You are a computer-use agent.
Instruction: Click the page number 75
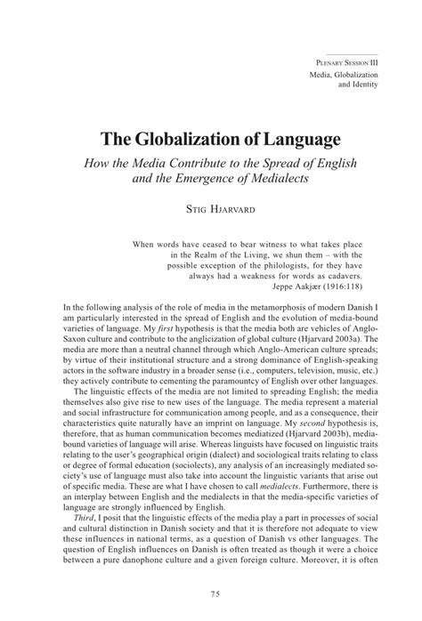(x=211, y=593)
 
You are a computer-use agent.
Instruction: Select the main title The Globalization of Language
(x=210, y=141)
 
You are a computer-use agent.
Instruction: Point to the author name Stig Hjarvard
(x=211, y=211)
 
